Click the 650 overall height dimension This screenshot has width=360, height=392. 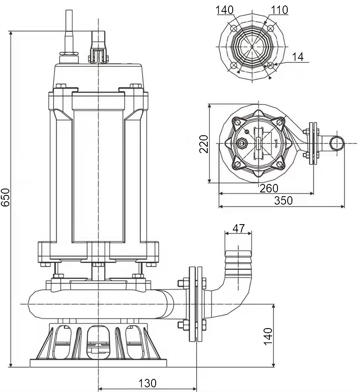pos(5,197)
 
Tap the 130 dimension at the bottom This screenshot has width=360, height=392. pos(148,383)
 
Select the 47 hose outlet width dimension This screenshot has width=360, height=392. pos(239,228)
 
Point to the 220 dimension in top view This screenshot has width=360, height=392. pos(204,144)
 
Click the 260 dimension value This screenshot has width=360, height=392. pos(269,188)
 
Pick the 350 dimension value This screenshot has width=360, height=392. pos(283,200)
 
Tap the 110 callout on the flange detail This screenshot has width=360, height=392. pos(279,10)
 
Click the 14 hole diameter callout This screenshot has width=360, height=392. pos(299,57)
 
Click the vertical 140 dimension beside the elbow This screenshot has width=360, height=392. pos(268,336)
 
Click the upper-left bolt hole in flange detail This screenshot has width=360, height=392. pos(234,28)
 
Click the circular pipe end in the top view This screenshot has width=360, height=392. pos(337,144)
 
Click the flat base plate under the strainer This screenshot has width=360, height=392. pos(98,363)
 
